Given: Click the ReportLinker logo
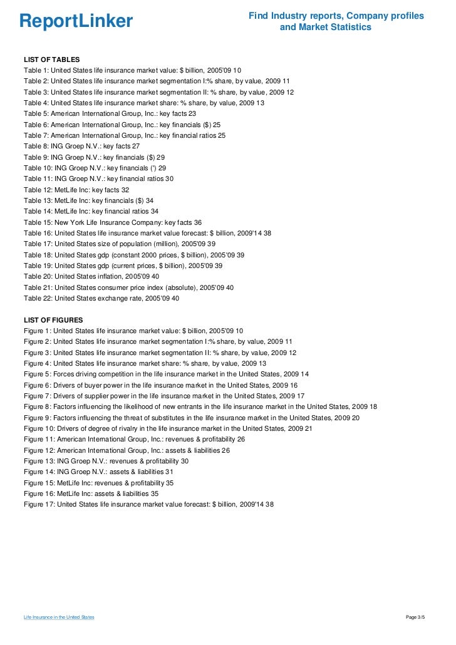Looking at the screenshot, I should coord(76,21).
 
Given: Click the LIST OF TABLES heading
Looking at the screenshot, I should coord(52,59).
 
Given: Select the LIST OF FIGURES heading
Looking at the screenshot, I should coord(53,320).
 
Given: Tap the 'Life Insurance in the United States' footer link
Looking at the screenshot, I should coord(59,617).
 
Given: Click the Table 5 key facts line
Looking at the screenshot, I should coord(110,113).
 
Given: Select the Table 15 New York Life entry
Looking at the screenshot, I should coord(113,222).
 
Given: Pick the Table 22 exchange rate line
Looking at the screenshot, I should coord(101,298).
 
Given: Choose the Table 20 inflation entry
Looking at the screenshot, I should coord(91,276).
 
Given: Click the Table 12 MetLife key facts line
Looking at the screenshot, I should coord(76,189).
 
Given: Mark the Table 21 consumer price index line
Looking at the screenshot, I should coord(128,287).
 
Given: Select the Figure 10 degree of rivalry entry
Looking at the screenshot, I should coord(168,428).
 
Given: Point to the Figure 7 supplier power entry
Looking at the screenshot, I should coord(164,396).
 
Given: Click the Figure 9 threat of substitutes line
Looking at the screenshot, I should coord(192,418).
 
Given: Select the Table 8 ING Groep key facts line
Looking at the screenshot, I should coord(82,146).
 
